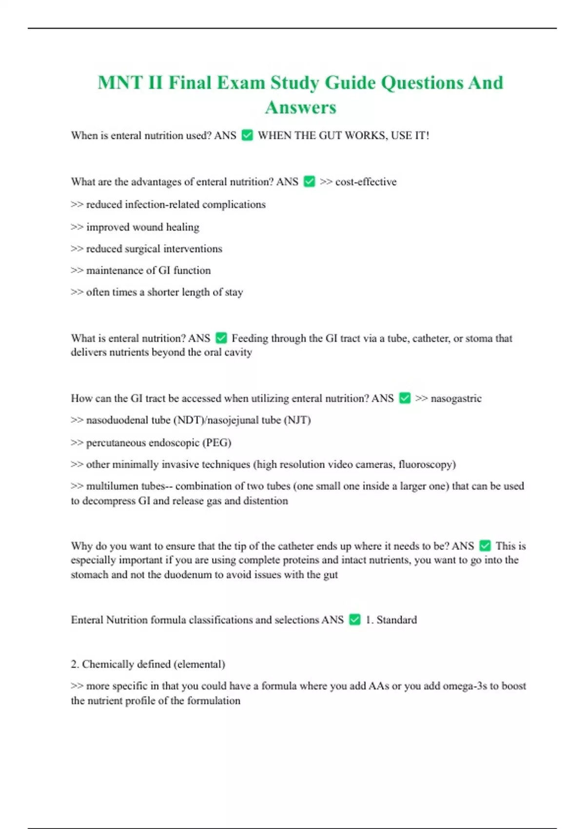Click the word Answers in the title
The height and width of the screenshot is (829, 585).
(300, 107)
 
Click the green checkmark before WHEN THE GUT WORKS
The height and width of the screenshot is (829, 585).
(247, 135)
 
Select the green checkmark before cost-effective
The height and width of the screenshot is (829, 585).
(309, 181)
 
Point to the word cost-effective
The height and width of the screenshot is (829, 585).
(366, 182)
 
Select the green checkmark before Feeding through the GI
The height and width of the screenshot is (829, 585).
(221, 338)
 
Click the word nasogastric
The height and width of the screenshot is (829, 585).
(456, 398)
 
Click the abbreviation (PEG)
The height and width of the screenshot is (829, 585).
(216, 443)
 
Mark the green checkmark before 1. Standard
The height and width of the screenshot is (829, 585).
(355, 620)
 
